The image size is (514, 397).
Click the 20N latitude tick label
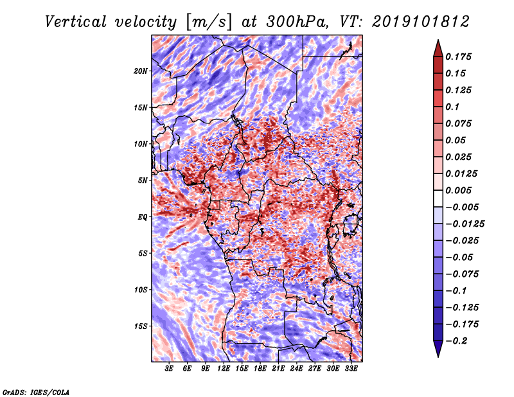click(x=141, y=71)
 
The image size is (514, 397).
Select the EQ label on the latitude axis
click(x=143, y=216)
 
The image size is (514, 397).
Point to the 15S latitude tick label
click(x=141, y=326)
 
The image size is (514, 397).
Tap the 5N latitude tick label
click(x=143, y=180)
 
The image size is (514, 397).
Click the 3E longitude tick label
click(x=170, y=369)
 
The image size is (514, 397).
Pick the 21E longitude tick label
click(x=278, y=369)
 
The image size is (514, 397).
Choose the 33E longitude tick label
click(x=351, y=369)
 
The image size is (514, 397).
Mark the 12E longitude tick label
click(x=224, y=369)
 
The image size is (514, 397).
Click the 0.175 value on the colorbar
click(x=459, y=57)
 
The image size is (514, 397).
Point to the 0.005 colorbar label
click(x=459, y=190)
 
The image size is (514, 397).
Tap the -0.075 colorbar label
click(x=462, y=274)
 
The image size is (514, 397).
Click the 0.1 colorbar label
click(x=452, y=107)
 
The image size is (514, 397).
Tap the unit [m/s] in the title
click(x=206, y=21)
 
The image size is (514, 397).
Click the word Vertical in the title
click(x=75, y=21)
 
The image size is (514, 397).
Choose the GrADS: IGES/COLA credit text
click(x=35, y=391)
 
